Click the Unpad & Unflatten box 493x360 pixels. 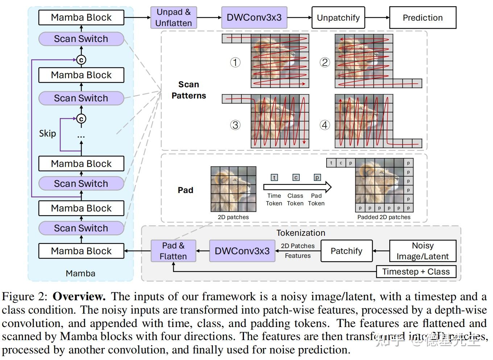tap(173, 17)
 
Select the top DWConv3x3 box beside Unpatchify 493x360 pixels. tap(254, 17)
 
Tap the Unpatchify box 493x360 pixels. tap(338, 17)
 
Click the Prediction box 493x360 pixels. tap(422, 17)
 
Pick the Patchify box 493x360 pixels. tap(346, 251)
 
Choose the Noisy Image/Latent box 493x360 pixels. tap(422, 251)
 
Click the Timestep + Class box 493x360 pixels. tap(416, 272)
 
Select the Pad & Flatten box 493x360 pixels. tap(173, 251)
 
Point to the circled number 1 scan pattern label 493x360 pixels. tap(235, 62)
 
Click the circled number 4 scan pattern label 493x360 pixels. tap(325, 125)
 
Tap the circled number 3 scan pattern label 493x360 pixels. tap(235, 125)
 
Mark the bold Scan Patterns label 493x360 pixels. tap(188, 90)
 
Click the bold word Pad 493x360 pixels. tap(185, 190)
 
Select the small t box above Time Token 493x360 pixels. tap(274, 177)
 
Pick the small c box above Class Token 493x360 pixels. tap(296, 177)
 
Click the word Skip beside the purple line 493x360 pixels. tap(47, 133)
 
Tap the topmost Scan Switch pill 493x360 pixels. tap(81, 39)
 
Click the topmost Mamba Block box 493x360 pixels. tap(81, 17)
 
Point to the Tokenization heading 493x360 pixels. tap(301, 233)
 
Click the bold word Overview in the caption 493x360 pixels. tap(79, 296)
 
